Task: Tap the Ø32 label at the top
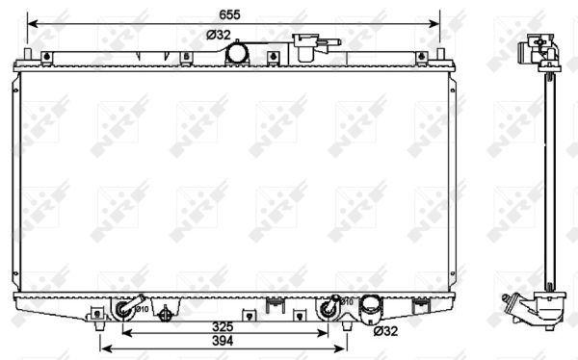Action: [x=219, y=35]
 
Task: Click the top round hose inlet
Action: [x=237, y=56]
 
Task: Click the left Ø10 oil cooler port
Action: [x=124, y=308]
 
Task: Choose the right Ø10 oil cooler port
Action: [x=330, y=308]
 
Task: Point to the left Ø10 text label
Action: [x=142, y=309]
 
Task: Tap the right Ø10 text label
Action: [x=348, y=302]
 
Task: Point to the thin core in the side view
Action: [x=546, y=173]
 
